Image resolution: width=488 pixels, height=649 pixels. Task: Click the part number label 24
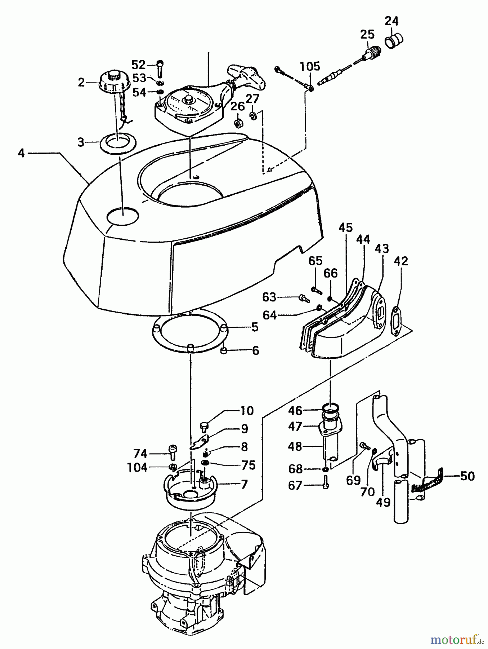coord(391,22)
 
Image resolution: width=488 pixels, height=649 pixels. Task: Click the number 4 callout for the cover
coord(21,153)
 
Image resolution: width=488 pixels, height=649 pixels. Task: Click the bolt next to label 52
coord(161,67)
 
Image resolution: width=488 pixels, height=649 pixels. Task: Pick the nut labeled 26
coord(238,123)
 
